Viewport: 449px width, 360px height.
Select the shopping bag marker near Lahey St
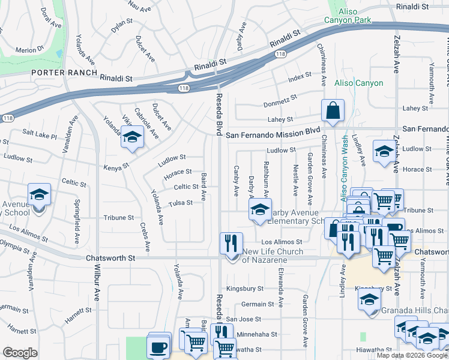[x=332, y=111]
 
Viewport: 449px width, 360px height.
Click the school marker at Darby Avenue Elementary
[x=259, y=210]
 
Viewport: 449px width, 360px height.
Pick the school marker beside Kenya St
[x=132, y=139]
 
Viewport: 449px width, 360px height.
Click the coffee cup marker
[x=158, y=346]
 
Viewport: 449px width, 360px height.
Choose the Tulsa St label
[x=180, y=203]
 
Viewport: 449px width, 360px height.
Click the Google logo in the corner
[x=20, y=353]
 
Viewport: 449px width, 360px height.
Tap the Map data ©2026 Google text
[x=412, y=355]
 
